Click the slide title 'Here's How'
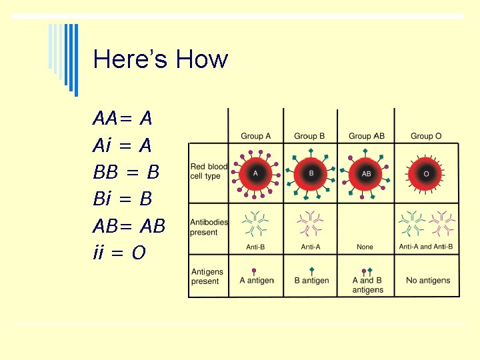tap(161, 59)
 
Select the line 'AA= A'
tap(123, 119)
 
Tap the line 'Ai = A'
tap(123, 145)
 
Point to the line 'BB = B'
tap(126, 172)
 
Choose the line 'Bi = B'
tap(123, 199)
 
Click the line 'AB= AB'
tap(129, 226)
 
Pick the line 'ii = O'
tap(119, 253)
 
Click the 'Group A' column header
tap(256, 137)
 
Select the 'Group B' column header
tap(309, 137)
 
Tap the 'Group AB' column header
tap(366, 137)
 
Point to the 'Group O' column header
tap(426, 137)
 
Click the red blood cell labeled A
tap(255, 173)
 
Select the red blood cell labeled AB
tap(366, 173)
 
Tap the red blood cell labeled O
tap(426, 173)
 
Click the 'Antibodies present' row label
tap(209, 227)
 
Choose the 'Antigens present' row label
tap(207, 277)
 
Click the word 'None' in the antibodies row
tap(365, 247)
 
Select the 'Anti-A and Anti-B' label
tap(426, 247)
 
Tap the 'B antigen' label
tap(311, 281)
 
